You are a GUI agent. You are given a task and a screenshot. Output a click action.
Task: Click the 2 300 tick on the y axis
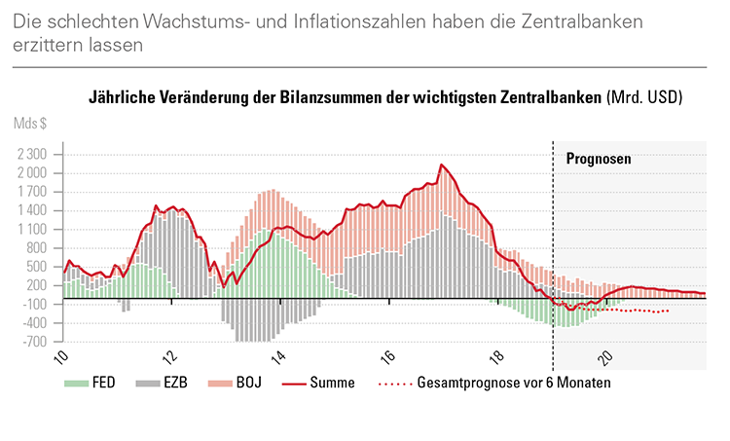coord(33,155)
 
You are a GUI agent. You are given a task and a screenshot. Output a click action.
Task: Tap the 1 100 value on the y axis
coord(33,230)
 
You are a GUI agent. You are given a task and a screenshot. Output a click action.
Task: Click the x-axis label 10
coord(62,357)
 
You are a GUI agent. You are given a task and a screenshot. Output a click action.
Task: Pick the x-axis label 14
coord(279,357)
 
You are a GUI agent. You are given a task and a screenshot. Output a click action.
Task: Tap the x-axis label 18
coord(496,357)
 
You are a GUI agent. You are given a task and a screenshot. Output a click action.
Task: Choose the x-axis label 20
coord(604,357)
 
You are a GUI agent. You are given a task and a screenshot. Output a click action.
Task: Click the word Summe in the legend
coord(335,383)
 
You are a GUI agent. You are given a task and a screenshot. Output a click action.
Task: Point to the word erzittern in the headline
coord(48,44)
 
